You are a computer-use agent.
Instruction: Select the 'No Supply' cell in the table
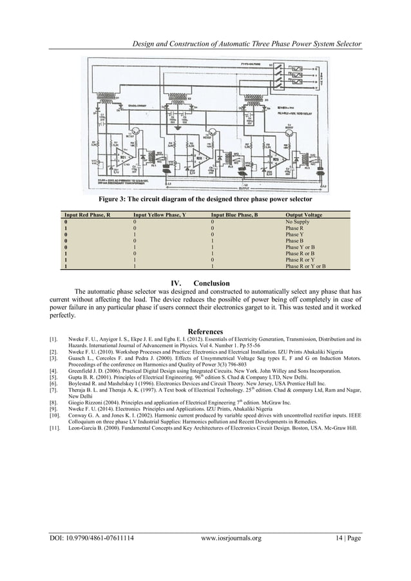point(298,220)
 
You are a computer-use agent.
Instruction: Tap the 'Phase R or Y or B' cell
point(305,265)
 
